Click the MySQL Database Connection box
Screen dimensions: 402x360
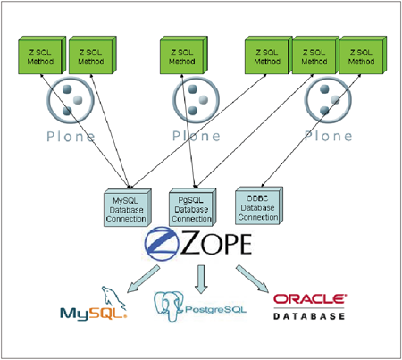pyautogui.click(x=128, y=207)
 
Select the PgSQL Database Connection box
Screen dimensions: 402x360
pyautogui.click(x=193, y=207)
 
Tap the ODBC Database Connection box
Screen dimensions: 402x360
pyautogui.click(x=259, y=205)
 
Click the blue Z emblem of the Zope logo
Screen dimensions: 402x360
pyautogui.click(x=162, y=244)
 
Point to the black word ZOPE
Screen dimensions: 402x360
pyautogui.click(x=216, y=244)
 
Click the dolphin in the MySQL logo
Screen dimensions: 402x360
pyautogui.click(x=113, y=298)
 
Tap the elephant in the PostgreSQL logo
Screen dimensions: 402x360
pyautogui.click(x=169, y=306)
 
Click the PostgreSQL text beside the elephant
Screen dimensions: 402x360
pyautogui.click(x=216, y=310)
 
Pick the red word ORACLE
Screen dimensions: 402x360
pyautogui.click(x=310, y=299)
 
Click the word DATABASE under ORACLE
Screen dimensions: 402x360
pyautogui.click(x=309, y=316)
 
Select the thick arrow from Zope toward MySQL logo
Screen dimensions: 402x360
pyautogui.click(x=143, y=280)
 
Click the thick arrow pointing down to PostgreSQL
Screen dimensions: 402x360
pyautogui.click(x=201, y=280)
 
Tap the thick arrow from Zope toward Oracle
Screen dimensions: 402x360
pyautogui.click(x=253, y=279)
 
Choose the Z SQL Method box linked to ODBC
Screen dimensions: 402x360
pyautogui.click(x=363, y=55)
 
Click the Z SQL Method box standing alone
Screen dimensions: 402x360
pyautogui.click(x=184, y=55)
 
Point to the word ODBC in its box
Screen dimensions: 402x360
pyautogui.click(x=257, y=198)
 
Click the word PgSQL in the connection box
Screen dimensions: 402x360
pyautogui.click(x=190, y=200)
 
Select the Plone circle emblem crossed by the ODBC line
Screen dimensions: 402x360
pyautogui.click(x=328, y=100)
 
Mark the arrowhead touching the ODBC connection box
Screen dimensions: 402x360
pyautogui.click(x=264, y=185)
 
